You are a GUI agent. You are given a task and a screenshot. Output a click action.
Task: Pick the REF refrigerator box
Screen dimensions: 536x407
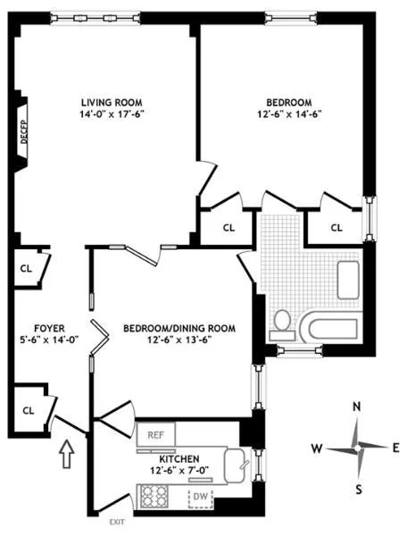pyautogui.click(x=155, y=434)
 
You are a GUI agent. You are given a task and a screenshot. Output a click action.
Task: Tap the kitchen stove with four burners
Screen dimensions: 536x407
pyautogui.click(x=153, y=496)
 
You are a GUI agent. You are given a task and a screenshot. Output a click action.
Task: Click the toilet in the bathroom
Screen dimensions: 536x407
pyautogui.click(x=282, y=319)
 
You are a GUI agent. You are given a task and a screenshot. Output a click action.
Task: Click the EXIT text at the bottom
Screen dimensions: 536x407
pyautogui.click(x=117, y=522)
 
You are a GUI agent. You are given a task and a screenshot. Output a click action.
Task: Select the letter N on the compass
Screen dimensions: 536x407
pyautogui.click(x=356, y=407)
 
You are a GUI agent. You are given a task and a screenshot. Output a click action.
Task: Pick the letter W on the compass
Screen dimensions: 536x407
pyautogui.click(x=317, y=446)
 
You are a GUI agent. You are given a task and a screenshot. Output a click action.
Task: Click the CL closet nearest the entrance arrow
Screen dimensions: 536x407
pyautogui.click(x=28, y=410)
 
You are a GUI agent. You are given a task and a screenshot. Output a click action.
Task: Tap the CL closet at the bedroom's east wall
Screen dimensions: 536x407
pyautogui.click(x=336, y=228)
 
